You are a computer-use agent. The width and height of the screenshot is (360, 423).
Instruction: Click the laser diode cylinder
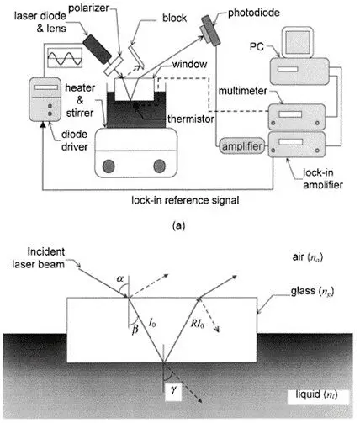(x=98, y=49)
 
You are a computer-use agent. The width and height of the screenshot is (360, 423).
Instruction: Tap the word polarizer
(x=88, y=8)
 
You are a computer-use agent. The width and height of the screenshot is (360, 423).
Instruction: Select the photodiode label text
(x=254, y=13)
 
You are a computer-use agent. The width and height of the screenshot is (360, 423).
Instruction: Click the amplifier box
(x=242, y=146)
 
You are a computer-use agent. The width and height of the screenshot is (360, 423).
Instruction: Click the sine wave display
(x=65, y=58)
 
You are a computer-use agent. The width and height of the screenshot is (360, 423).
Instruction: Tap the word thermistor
(x=191, y=119)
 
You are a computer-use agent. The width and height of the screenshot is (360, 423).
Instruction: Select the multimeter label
(x=243, y=91)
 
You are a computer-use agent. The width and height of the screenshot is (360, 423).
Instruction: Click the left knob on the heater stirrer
(x=109, y=166)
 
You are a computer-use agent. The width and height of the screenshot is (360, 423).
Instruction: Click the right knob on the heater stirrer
(x=160, y=166)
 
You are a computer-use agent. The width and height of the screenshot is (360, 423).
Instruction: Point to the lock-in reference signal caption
(x=185, y=200)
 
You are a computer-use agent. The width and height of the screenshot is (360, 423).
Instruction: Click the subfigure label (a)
(x=178, y=225)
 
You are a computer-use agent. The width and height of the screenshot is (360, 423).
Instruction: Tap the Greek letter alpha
(x=120, y=278)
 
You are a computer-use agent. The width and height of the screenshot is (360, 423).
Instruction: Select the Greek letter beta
(x=135, y=329)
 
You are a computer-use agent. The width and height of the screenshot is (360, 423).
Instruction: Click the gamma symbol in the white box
(x=173, y=389)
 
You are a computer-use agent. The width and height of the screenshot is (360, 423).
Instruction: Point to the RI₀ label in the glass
(x=197, y=324)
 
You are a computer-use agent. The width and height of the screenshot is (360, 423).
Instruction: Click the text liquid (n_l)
(x=316, y=394)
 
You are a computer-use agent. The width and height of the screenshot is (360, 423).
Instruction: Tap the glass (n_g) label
(x=312, y=291)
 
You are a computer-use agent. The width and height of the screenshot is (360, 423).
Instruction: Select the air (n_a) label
(x=307, y=257)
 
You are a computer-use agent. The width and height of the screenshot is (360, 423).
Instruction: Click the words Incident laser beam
(x=39, y=258)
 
